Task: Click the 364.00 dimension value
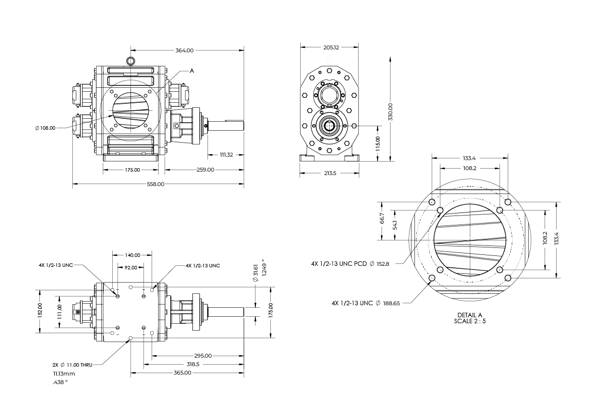click(x=185, y=50)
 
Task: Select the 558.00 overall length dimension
click(x=156, y=184)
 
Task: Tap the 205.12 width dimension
click(x=331, y=47)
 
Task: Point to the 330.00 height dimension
click(x=391, y=112)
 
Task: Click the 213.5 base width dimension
click(x=330, y=173)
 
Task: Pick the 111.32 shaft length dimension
click(x=226, y=155)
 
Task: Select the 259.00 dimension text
click(x=205, y=170)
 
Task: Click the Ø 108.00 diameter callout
click(x=45, y=128)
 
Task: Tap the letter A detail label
click(x=192, y=71)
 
